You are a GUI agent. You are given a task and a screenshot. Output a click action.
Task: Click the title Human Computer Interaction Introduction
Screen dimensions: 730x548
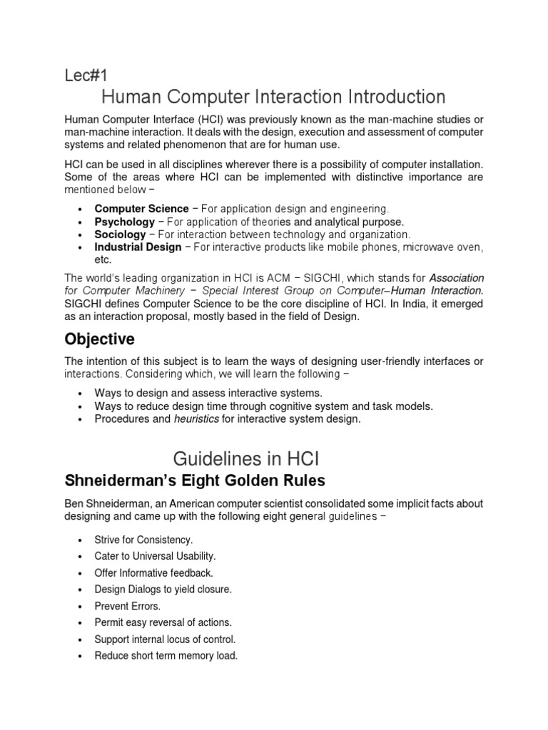tap(274, 97)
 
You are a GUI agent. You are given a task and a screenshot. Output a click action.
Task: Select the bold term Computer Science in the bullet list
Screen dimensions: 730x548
tap(141, 209)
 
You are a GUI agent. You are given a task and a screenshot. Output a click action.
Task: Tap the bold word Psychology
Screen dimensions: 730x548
tap(124, 222)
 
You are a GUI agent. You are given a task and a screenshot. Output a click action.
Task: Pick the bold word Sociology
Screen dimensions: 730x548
tap(120, 234)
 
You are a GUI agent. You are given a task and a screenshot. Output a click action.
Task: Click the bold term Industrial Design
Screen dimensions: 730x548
tap(138, 247)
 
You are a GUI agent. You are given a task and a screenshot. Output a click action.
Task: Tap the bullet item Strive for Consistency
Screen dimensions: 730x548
tap(143, 540)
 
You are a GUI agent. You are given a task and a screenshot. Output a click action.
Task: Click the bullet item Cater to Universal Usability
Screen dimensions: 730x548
tap(155, 556)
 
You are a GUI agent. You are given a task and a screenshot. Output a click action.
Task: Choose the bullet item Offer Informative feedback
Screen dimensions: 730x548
tap(153, 572)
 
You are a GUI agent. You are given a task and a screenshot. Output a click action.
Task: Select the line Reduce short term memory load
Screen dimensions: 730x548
tap(166, 656)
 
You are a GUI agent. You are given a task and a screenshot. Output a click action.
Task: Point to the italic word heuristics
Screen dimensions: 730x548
tap(196, 419)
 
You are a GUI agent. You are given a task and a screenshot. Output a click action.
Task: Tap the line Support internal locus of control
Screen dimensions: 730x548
tap(165, 639)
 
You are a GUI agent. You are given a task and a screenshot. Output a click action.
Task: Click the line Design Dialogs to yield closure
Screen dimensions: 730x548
tap(163, 590)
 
